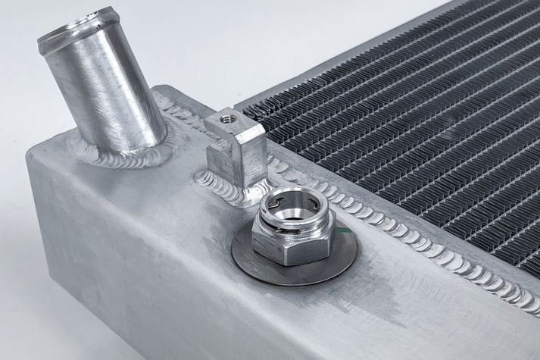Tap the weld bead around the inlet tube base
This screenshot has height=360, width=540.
coord(114,155)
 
